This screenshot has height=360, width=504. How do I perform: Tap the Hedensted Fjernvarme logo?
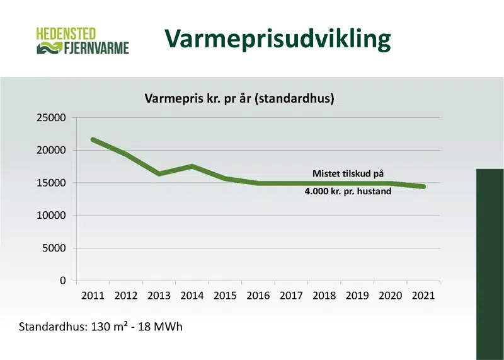83,40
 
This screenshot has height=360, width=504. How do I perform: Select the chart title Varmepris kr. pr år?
239,98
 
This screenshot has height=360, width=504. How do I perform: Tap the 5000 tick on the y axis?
55,248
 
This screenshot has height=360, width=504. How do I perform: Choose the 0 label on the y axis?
62,281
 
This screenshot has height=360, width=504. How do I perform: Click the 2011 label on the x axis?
92,295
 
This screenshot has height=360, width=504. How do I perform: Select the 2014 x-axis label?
192,295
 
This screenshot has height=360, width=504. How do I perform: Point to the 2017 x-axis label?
290,295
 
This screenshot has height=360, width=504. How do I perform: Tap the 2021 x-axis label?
423,295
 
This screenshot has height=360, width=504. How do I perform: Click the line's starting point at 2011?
93,140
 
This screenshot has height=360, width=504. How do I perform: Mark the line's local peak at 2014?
192,166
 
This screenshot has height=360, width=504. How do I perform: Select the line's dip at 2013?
159,173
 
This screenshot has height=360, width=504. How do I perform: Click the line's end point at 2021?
423,187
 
